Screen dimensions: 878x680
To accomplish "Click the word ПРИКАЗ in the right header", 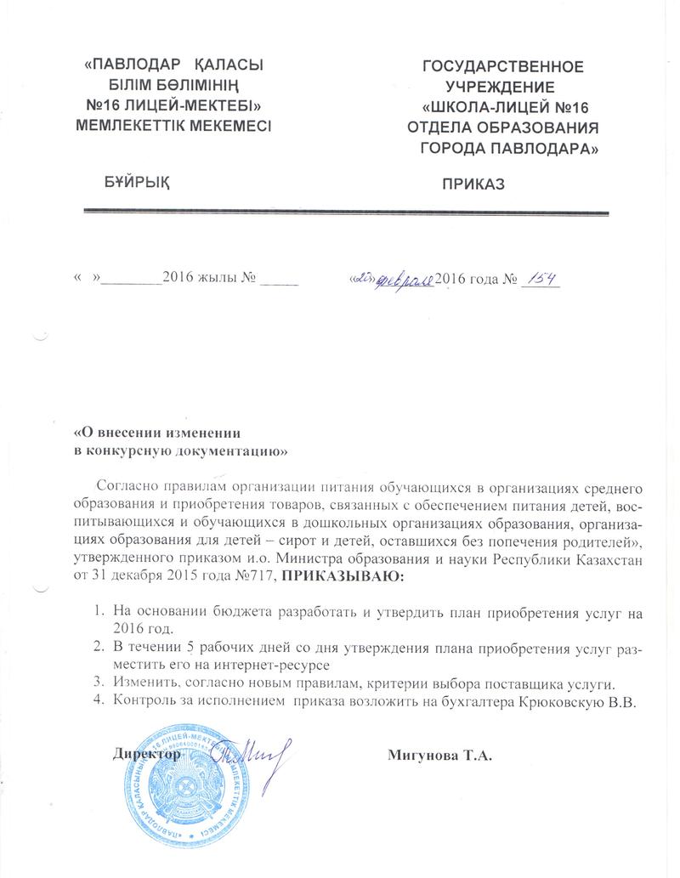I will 473,184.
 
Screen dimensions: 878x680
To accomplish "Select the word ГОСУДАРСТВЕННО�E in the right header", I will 503,65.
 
